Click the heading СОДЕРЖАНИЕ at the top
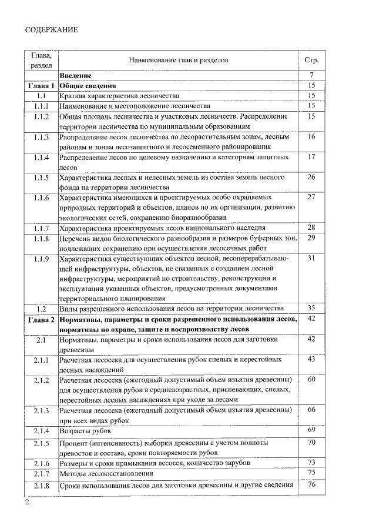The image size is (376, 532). click(x=52, y=29)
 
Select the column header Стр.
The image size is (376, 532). click(x=311, y=60)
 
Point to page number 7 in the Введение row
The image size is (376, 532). click(x=311, y=75)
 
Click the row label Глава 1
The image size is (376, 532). click(x=41, y=86)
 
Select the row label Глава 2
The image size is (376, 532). click(x=41, y=319)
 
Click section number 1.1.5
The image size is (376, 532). click(x=41, y=177)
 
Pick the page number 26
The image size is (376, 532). click(x=311, y=177)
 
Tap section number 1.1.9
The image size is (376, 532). click(x=41, y=258)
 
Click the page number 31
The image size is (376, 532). click(x=311, y=258)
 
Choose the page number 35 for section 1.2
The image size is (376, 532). click(x=311, y=308)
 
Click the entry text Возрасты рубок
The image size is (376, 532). click(x=86, y=431)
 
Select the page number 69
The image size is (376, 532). click(x=311, y=431)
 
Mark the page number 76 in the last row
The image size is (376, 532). click(x=311, y=484)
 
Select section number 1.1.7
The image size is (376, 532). click(x=41, y=227)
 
